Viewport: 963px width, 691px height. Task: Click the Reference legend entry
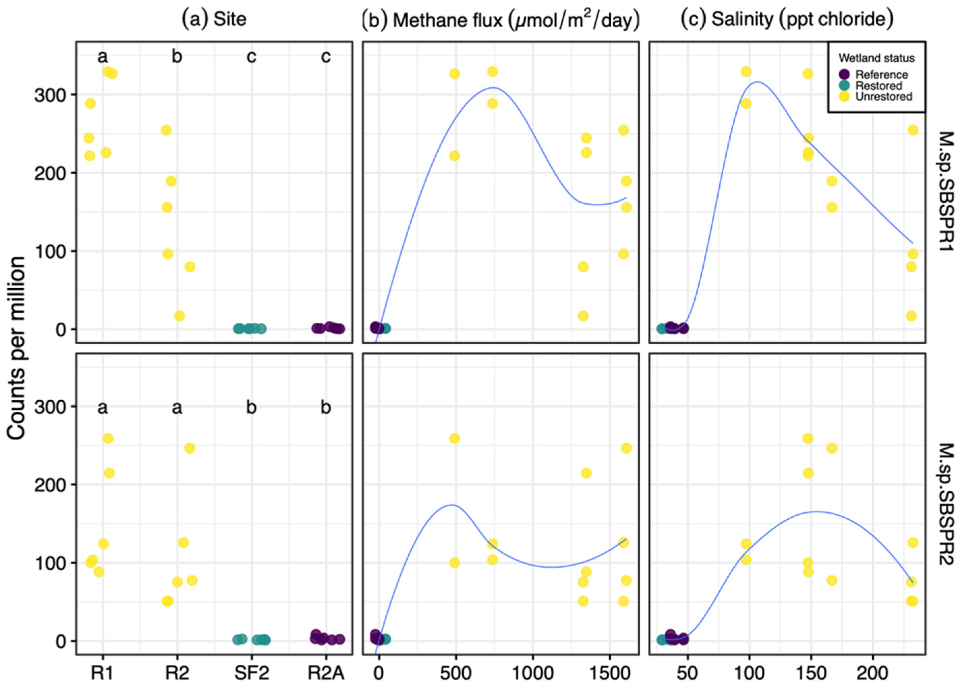click(x=881, y=75)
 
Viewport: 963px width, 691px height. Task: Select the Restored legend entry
click(x=878, y=86)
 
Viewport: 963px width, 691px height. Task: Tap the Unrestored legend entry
click(x=883, y=97)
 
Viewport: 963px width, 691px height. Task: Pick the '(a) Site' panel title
click(x=214, y=20)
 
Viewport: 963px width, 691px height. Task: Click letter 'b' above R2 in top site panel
click(x=177, y=56)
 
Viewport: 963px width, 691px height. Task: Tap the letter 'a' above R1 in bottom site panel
click(x=103, y=408)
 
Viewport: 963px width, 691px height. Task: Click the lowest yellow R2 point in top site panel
click(x=180, y=316)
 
